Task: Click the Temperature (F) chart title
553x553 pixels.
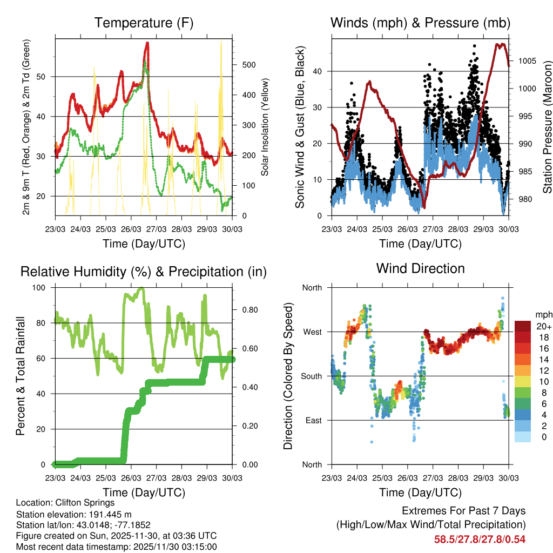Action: (144, 23)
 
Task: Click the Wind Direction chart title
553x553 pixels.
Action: (420, 268)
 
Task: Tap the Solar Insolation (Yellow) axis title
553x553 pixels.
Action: (265, 127)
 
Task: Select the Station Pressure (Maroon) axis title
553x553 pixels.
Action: (547, 127)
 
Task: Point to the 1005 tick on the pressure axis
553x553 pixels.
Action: (527, 60)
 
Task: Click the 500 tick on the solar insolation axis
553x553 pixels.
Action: (248, 65)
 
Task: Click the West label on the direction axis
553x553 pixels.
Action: (312, 332)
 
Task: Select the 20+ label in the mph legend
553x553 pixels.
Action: (543, 327)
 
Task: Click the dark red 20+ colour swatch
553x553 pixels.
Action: (523, 326)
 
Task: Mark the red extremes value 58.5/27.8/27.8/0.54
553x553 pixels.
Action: (480, 539)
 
